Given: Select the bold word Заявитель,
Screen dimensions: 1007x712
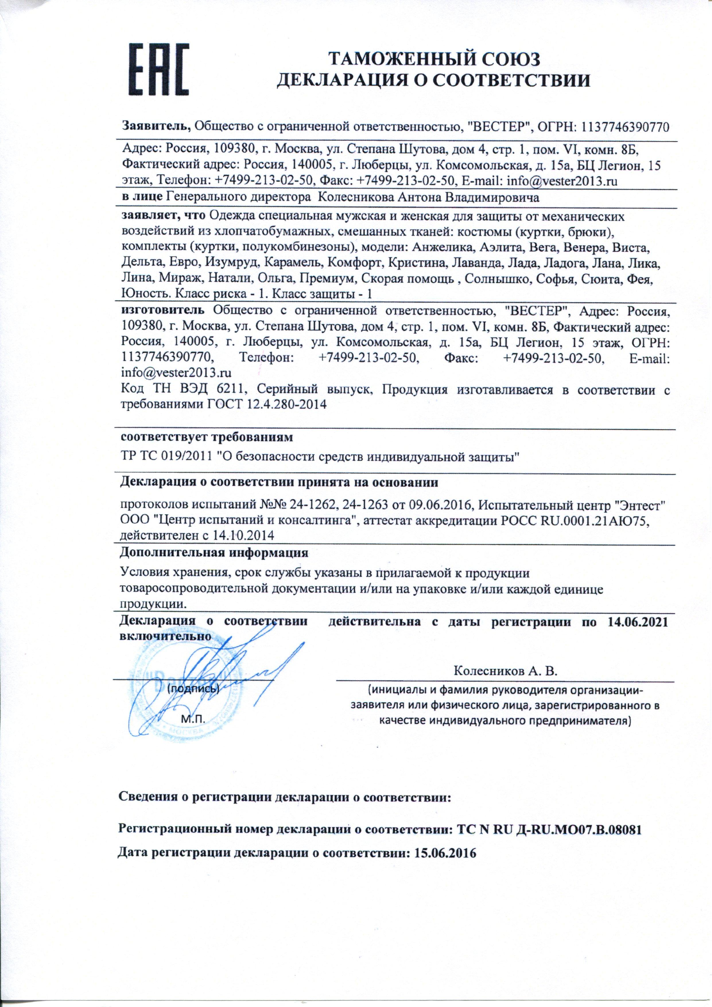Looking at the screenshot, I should pyautogui.click(x=156, y=128).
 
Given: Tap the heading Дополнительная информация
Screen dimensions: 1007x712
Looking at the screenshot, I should pyautogui.click(x=214, y=553).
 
